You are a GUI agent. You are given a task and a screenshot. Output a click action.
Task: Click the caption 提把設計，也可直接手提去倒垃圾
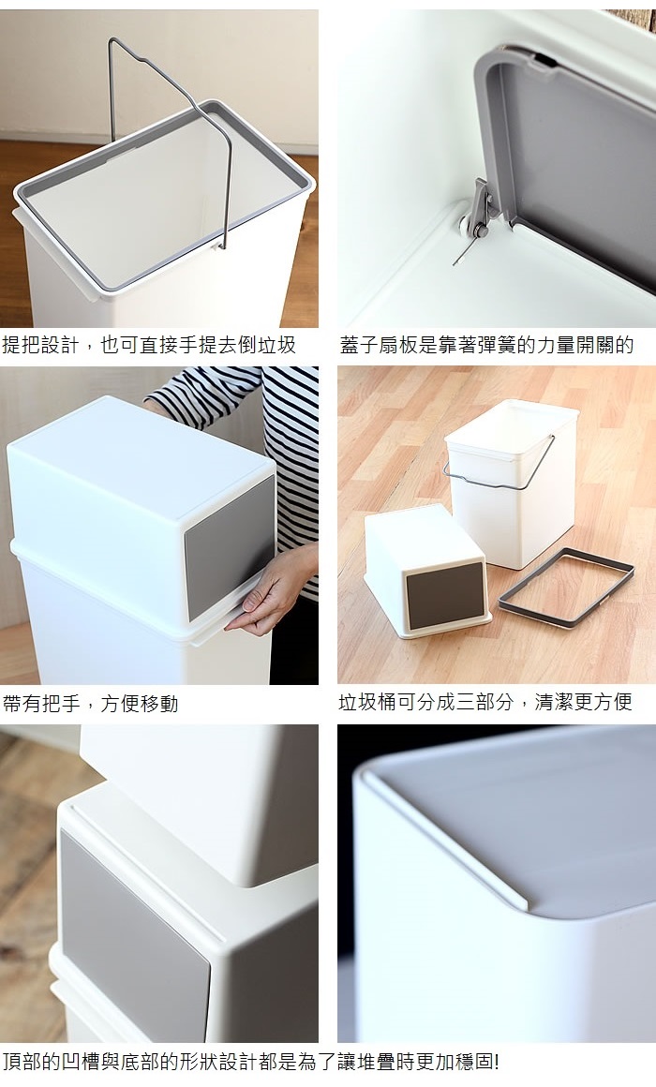[x=149, y=345]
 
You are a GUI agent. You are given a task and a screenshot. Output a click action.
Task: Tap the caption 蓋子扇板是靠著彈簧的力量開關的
[x=486, y=345]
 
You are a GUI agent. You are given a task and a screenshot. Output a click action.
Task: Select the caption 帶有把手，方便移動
[x=90, y=704]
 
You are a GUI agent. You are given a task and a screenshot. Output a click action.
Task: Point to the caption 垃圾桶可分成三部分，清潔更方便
[x=485, y=702]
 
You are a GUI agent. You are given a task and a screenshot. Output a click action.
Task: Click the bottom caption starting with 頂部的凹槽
[x=250, y=1061]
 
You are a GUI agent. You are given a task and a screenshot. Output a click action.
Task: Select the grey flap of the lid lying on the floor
[x=444, y=595]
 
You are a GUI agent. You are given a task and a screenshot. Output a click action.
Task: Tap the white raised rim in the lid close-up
[x=444, y=832]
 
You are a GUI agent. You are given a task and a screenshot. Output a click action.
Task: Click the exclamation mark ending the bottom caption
[x=497, y=1061]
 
